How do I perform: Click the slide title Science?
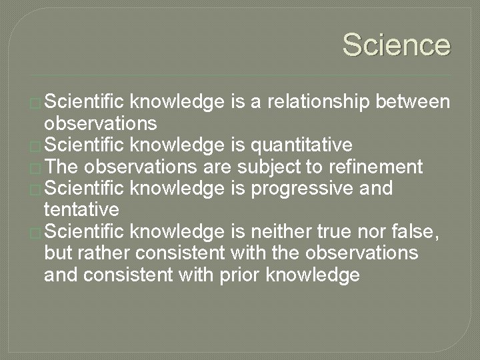pyautogui.click(x=397, y=45)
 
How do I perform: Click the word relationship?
pyautogui.click(x=319, y=101)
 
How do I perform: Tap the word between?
pyautogui.click(x=413, y=101)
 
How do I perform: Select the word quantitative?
pyautogui.click(x=301, y=145)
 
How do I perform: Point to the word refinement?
pyautogui.click(x=376, y=167)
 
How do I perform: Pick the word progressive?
pyautogui.click(x=302, y=189)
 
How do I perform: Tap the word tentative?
pyautogui.click(x=81, y=209)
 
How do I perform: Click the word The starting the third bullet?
pyautogui.click(x=61, y=167)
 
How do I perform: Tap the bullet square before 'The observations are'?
pyautogui.click(x=35, y=169)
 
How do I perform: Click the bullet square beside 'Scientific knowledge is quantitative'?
pyautogui.click(x=35, y=147)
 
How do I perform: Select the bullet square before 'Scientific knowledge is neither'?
pyautogui.click(x=35, y=233)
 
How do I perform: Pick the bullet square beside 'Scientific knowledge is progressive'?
pyautogui.click(x=35, y=190)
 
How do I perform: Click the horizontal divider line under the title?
pyautogui.click(x=240, y=75)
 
